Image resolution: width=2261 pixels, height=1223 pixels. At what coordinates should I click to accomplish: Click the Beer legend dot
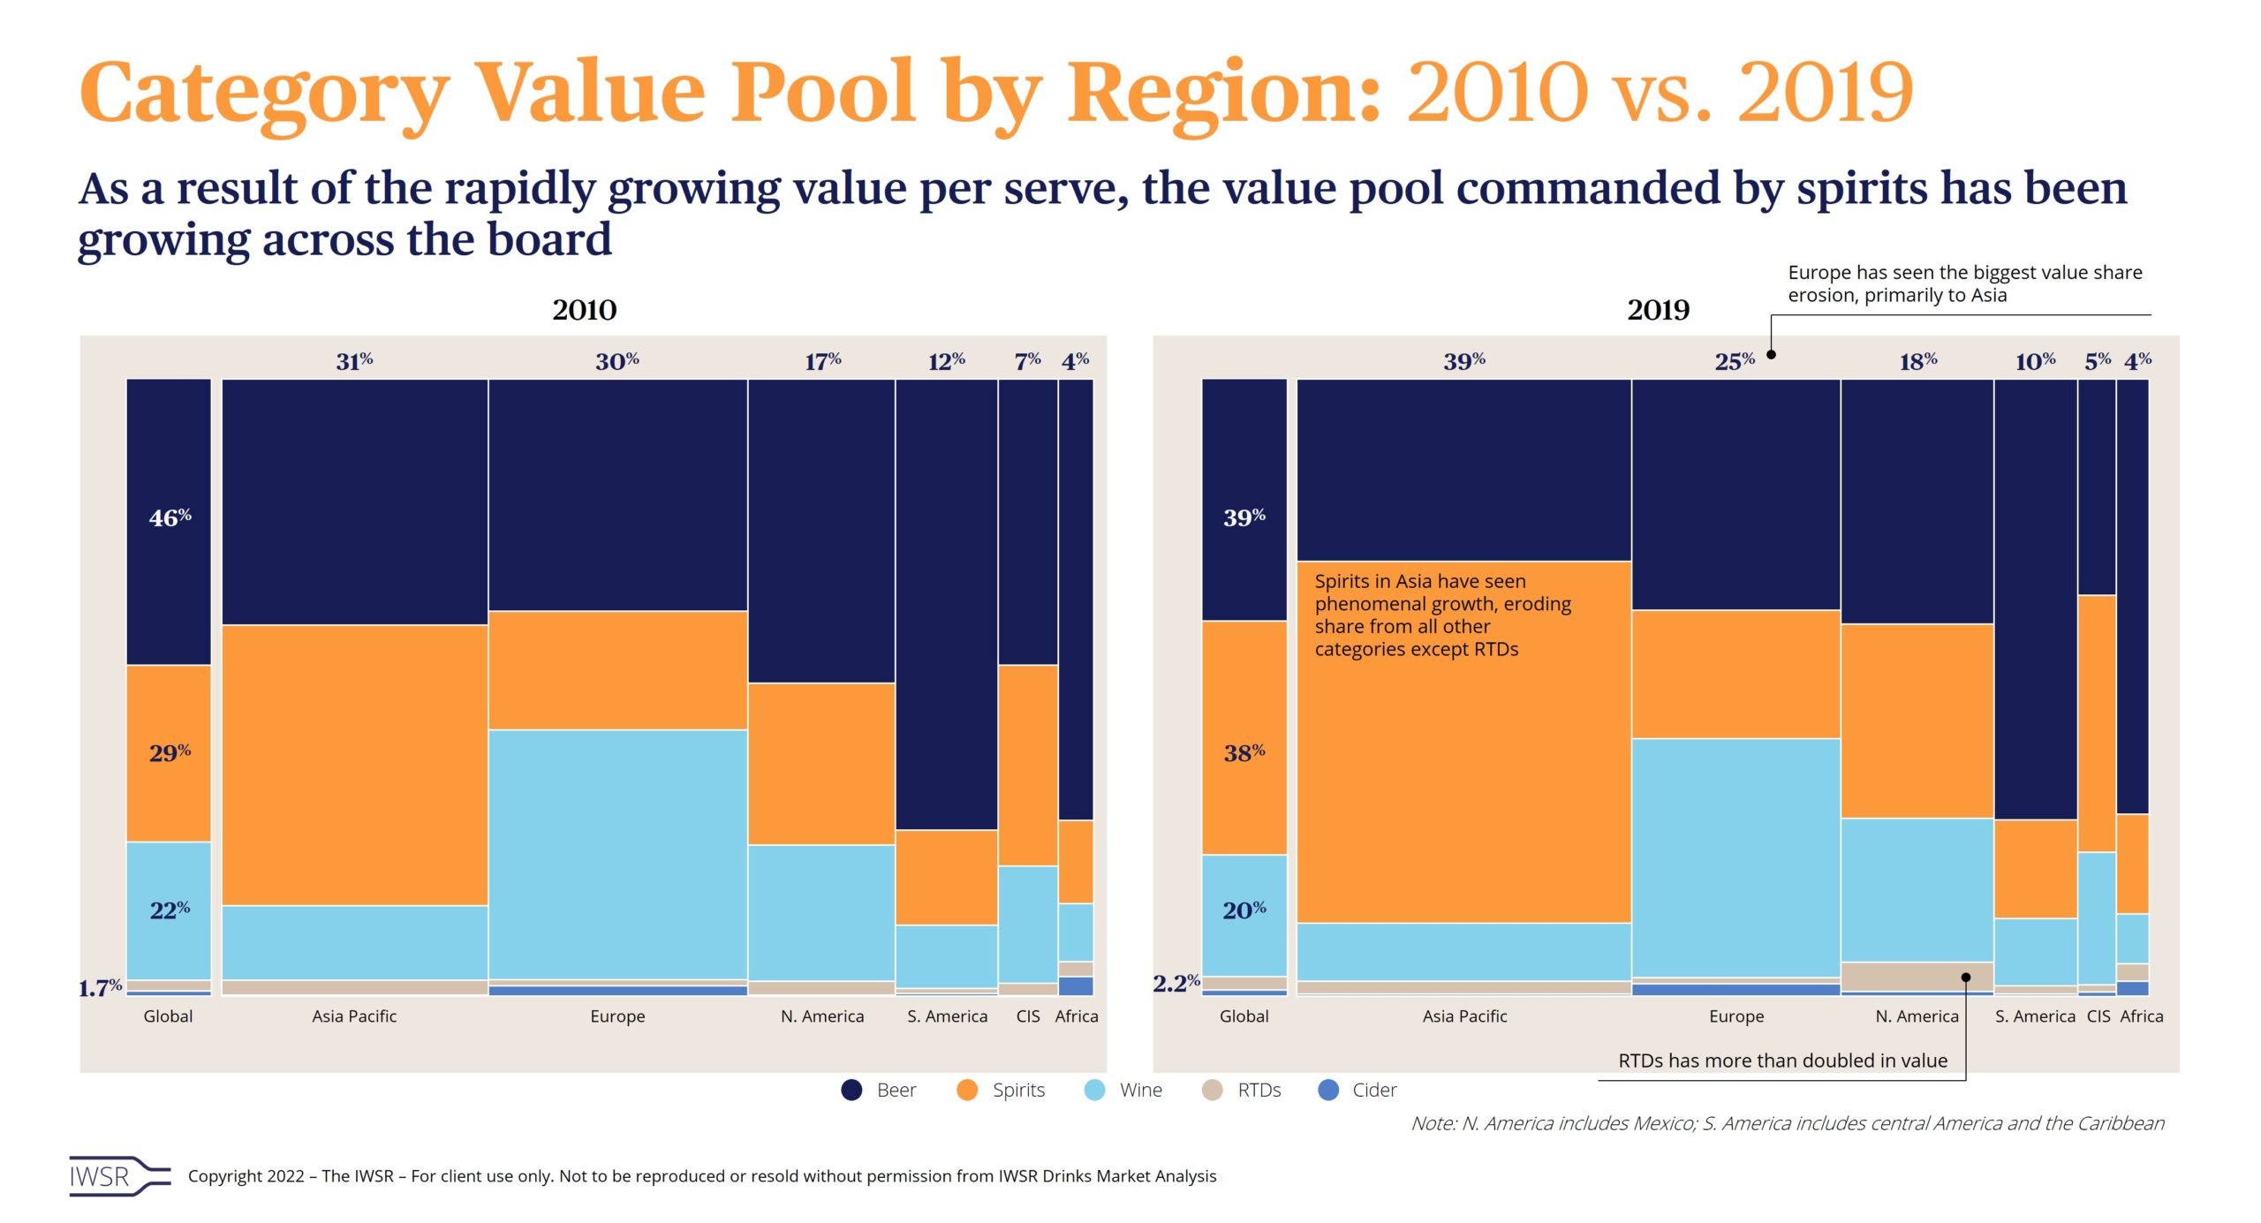(x=851, y=1090)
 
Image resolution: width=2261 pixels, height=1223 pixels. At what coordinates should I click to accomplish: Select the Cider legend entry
(x=1357, y=1090)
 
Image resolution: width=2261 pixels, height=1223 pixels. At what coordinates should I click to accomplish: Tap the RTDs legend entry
(x=1242, y=1090)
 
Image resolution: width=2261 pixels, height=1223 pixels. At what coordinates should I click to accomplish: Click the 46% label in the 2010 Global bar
(x=170, y=517)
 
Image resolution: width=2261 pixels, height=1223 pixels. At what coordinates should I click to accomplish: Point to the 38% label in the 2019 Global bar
(x=1244, y=752)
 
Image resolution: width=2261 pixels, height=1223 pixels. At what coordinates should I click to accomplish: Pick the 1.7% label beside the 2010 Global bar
(x=100, y=987)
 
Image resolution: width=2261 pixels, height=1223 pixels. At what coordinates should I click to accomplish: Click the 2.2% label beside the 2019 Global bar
(x=1176, y=982)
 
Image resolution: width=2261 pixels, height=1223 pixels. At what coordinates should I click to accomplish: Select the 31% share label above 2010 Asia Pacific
(x=354, y=360)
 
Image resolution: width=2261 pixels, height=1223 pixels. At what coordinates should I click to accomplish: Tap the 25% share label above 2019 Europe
(x=1735, y=360)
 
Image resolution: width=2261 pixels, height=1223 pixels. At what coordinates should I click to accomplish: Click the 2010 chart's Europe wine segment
(x=617, y=853)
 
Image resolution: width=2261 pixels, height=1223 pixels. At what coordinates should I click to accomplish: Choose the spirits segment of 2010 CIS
(x=1028, y=765)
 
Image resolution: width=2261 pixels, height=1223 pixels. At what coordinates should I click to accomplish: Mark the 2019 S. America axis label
(x=2035, y=1015)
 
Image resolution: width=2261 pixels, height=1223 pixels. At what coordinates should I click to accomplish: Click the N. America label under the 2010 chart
(x=822, y=1015)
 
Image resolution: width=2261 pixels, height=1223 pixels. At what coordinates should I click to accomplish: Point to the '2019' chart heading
(x=1658, y=310)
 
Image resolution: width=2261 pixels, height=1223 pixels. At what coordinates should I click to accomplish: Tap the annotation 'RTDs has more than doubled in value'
(x=1782, y=1060)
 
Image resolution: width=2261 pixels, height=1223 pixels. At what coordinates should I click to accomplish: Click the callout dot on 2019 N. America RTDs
(x=1966, y=977)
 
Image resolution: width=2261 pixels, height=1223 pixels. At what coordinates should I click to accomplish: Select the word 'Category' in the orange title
(x=264, y=93)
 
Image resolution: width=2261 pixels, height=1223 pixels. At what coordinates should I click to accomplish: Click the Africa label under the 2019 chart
(x=2142, y=1015)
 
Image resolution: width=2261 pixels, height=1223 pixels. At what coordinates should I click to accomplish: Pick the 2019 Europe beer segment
(x=1735, y=494)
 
